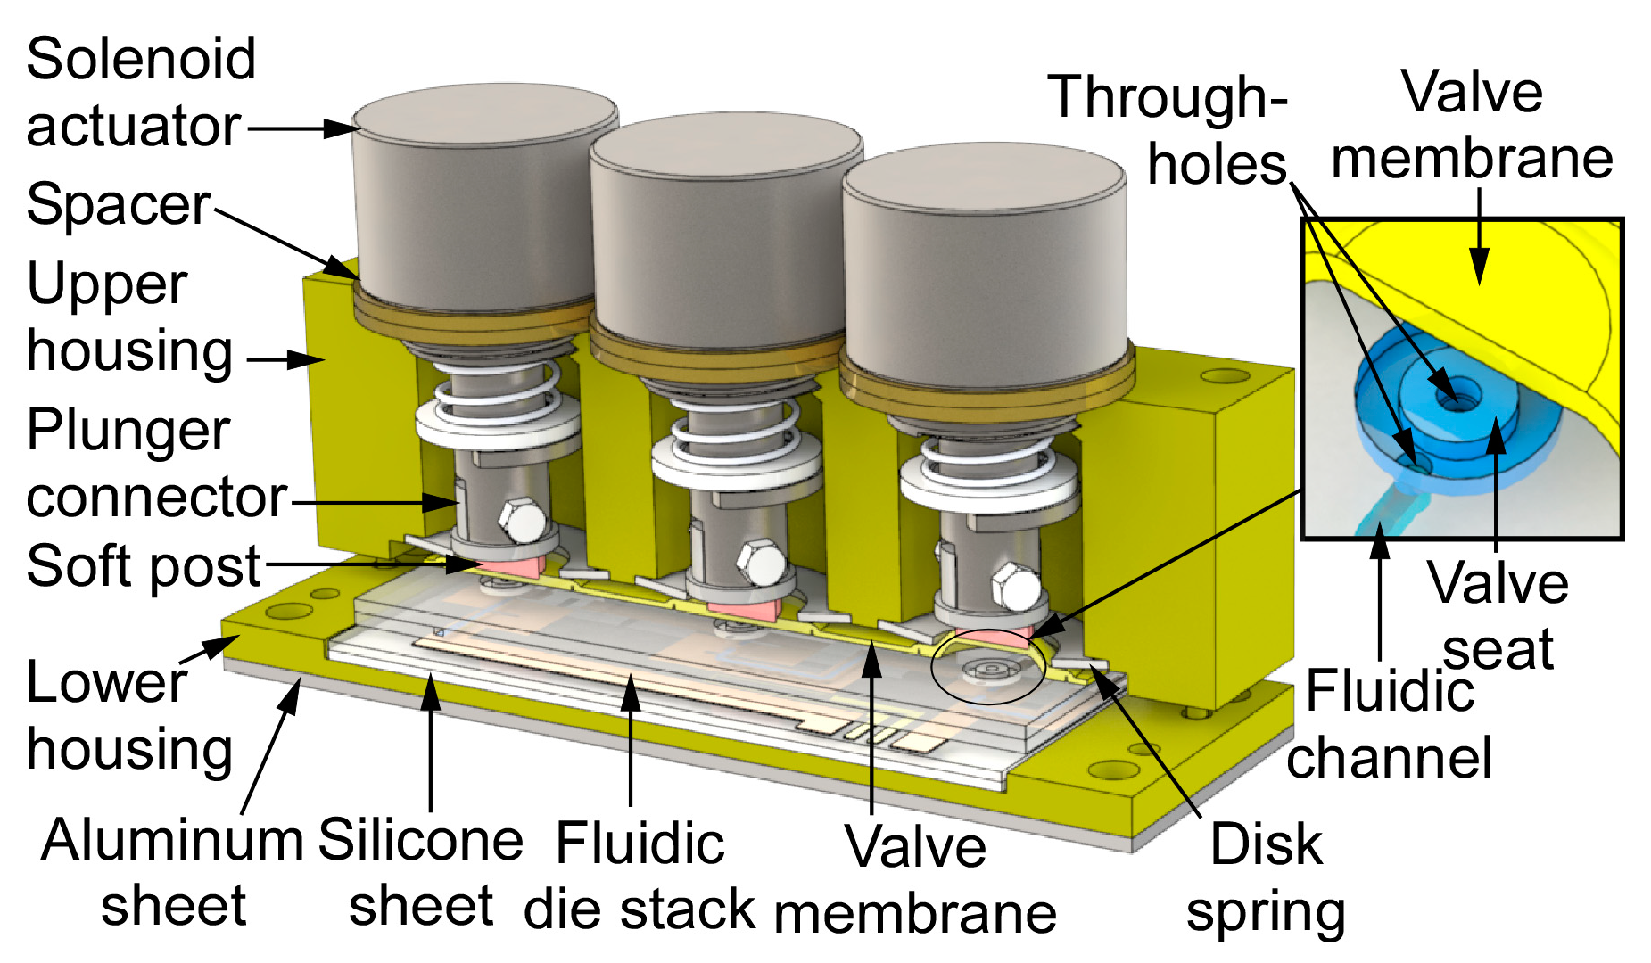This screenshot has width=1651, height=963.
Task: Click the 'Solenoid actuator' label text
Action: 141,92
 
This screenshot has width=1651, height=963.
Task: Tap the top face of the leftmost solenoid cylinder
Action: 484,113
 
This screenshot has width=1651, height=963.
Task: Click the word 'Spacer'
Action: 119,204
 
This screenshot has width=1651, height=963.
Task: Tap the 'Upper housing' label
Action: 129,317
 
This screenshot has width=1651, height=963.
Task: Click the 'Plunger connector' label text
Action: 156,464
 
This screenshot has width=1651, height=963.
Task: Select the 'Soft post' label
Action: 143,566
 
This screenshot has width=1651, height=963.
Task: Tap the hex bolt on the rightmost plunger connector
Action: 1017,589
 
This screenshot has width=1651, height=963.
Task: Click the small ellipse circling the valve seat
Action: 987,669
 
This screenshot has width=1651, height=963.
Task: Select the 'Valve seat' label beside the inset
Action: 1498,615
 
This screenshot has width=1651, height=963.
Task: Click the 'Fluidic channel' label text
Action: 1389,724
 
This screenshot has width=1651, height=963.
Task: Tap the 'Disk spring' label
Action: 1266,878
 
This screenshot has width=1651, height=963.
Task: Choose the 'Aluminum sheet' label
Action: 173,873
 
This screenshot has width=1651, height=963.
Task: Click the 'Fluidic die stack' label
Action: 640,877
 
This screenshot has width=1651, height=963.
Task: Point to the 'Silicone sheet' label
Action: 420,873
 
